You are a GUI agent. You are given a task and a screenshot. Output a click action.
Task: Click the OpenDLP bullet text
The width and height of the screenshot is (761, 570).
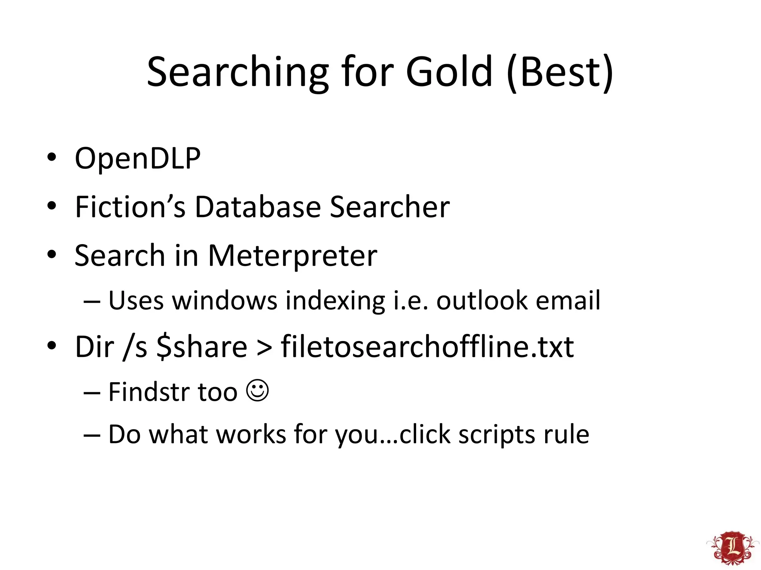[137, 159]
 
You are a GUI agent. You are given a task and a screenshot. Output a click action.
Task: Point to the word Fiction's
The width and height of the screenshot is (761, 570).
[130, 207]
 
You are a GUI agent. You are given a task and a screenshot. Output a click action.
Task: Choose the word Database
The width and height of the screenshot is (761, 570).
[258, 207]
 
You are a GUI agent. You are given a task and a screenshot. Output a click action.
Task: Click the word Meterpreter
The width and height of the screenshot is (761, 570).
[292, 256]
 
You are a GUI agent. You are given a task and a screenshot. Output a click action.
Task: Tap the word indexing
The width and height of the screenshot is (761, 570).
[335, 301]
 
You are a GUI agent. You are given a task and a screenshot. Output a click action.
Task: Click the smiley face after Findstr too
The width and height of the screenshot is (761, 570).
[258, 390]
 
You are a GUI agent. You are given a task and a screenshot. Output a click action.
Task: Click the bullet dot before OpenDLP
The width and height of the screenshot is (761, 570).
[52, 157]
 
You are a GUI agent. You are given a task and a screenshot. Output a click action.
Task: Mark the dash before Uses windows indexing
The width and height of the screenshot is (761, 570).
[92, 302]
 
